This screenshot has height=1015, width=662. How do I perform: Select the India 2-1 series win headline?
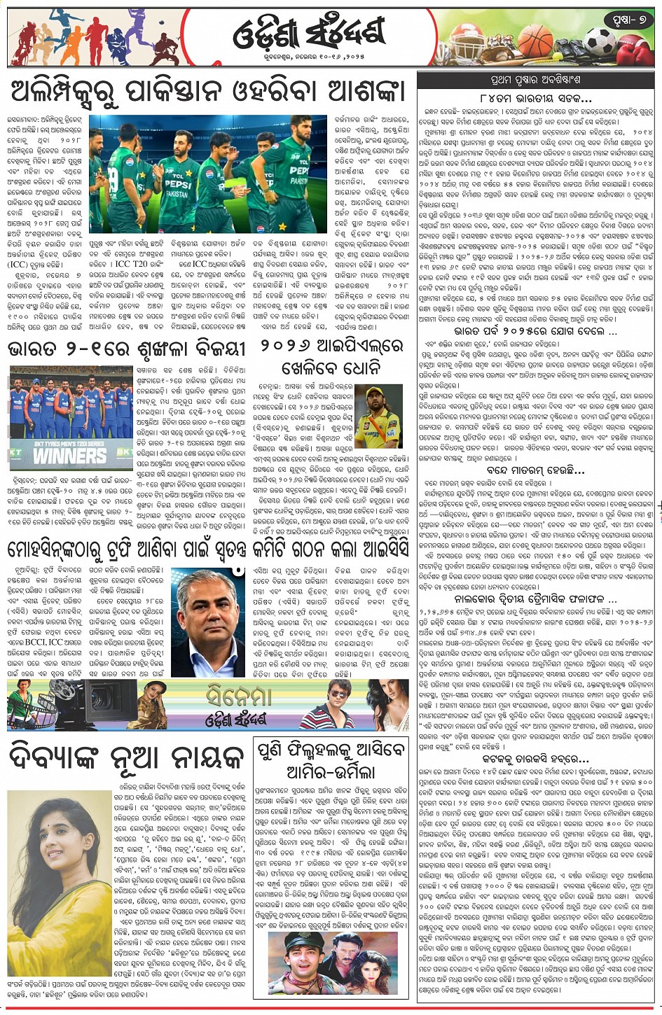pyautogui.click(x=126, y=348)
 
